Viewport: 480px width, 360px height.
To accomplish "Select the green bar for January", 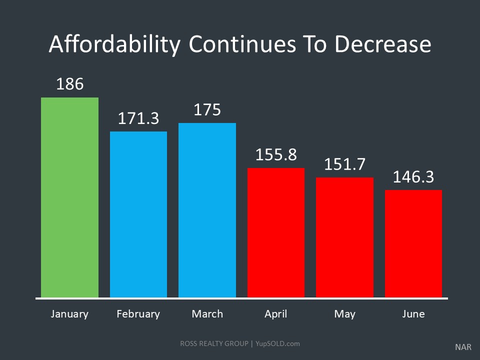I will point(69,197).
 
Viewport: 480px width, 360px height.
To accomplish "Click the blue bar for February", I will point(138,214).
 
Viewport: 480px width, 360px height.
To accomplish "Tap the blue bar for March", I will point(207,210).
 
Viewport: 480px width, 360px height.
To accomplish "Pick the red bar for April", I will point(276,232).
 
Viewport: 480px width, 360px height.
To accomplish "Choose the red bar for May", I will point(344,237).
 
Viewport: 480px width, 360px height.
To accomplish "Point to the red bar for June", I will point(413,243).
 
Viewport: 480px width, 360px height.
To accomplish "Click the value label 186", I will point(70,84).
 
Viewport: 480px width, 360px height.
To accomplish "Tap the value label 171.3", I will point(138,118).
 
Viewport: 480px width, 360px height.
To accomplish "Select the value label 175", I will point(207,110).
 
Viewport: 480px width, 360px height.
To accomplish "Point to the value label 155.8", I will point(276,154).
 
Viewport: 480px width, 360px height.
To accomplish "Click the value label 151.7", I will point(344,164).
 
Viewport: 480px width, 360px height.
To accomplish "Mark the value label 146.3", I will point(413,176).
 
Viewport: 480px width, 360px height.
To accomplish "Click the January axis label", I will point(69,314).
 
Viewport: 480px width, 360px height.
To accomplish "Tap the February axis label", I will point(138,314).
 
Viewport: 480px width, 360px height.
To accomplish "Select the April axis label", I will point(276,314).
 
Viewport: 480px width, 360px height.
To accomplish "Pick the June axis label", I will point(413,314).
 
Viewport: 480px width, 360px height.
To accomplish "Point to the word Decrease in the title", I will point(382,44).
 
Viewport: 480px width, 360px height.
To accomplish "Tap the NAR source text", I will point(463,346).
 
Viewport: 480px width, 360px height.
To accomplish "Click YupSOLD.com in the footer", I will point(278,343).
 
